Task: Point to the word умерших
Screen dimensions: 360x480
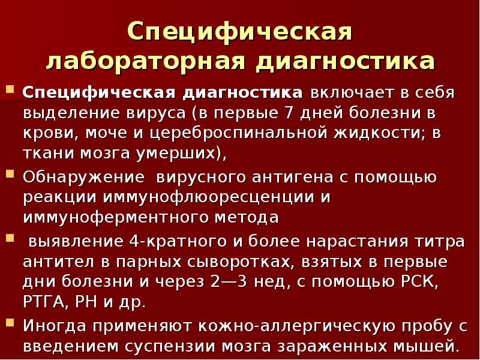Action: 185,153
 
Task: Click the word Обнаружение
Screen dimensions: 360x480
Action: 83,177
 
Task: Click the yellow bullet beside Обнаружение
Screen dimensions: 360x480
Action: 10,175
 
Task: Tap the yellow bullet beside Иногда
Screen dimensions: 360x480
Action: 10,323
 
